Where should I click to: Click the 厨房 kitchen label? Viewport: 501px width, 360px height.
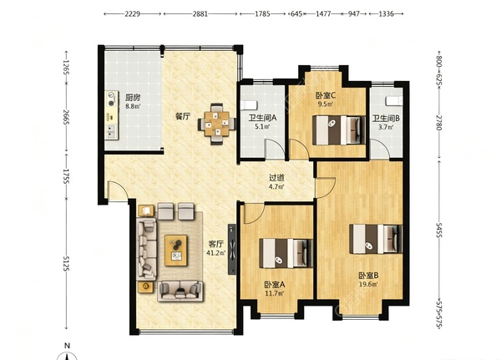[x=132, y=97]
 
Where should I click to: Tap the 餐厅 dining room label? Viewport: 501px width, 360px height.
[x=182, y=116]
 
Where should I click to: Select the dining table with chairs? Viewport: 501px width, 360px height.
[x=217, y=124]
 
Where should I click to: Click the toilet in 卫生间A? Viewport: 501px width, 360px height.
[x=249, y=105]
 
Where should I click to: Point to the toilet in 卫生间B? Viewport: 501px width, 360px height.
[x=394, y=101]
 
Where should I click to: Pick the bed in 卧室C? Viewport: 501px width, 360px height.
[x=339, y=130]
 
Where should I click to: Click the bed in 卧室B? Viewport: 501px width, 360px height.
[x=376, y=239]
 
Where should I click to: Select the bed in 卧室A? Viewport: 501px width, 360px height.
[x=286, y=253]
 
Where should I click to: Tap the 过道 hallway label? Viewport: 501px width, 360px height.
[x=276, y=178]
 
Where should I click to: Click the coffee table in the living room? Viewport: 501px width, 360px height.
[x=175, y=251]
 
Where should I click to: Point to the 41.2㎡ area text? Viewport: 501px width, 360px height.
[x=216, y=253]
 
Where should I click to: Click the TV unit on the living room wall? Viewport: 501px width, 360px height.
[x=232, y=249]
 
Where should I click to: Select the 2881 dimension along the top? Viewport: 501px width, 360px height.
[x=200, y=13]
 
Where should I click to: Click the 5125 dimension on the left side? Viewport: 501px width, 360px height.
[x=66, y=263]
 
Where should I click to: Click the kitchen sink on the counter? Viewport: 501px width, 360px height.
[x=111, y=131]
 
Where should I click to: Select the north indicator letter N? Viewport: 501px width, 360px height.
[x=67, y=346]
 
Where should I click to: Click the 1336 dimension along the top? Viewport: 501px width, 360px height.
[x=386, y=13]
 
